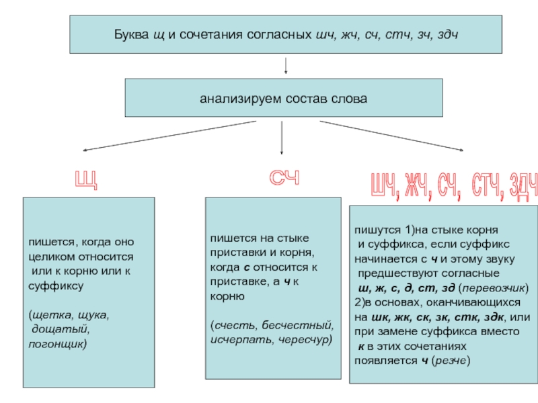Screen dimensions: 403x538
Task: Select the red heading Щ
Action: [85, 180]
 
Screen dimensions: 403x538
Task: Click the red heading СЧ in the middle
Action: [284, 179]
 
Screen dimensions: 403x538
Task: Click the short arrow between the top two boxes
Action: [287, 66]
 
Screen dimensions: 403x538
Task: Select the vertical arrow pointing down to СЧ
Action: [281, 138]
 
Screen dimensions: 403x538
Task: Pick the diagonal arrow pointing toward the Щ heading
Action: [168, 136]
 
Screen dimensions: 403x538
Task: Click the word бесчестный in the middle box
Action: [296, 326]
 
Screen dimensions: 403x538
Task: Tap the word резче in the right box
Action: [450, 360]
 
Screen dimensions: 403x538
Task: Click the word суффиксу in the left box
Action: [56, 285]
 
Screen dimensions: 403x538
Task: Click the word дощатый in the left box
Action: [60, 329]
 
